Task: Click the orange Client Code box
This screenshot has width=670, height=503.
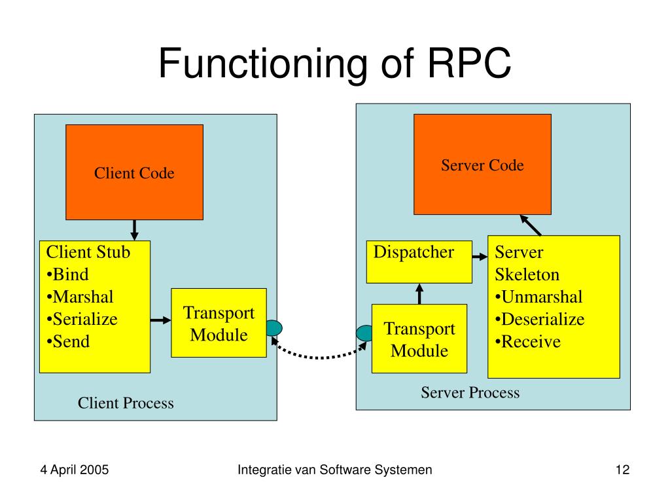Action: (134, 172)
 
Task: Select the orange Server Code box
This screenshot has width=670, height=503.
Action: (482, 164)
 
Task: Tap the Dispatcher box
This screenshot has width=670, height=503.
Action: (419, 261)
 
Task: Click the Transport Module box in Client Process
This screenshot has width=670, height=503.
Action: (219, 323)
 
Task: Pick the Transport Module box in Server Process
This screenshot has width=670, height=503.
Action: (419, 339)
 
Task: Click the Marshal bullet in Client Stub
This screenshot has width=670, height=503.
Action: (80, 297)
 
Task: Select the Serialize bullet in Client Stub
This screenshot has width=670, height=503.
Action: (82, 319)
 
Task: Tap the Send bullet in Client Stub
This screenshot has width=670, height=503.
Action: (68, 341)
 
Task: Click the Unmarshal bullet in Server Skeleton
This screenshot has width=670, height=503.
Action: (538, 297)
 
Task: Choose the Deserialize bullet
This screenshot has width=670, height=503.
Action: (540, 319)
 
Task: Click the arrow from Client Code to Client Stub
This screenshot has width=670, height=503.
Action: (134, 229)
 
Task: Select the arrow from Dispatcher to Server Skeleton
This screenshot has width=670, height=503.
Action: (480, 258)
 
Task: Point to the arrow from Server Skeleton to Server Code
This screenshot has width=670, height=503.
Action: (531, 225)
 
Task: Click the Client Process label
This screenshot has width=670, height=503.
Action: (126, 403)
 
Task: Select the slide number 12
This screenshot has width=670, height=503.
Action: (622, 470)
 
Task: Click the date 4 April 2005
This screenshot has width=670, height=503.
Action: (75, 470)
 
